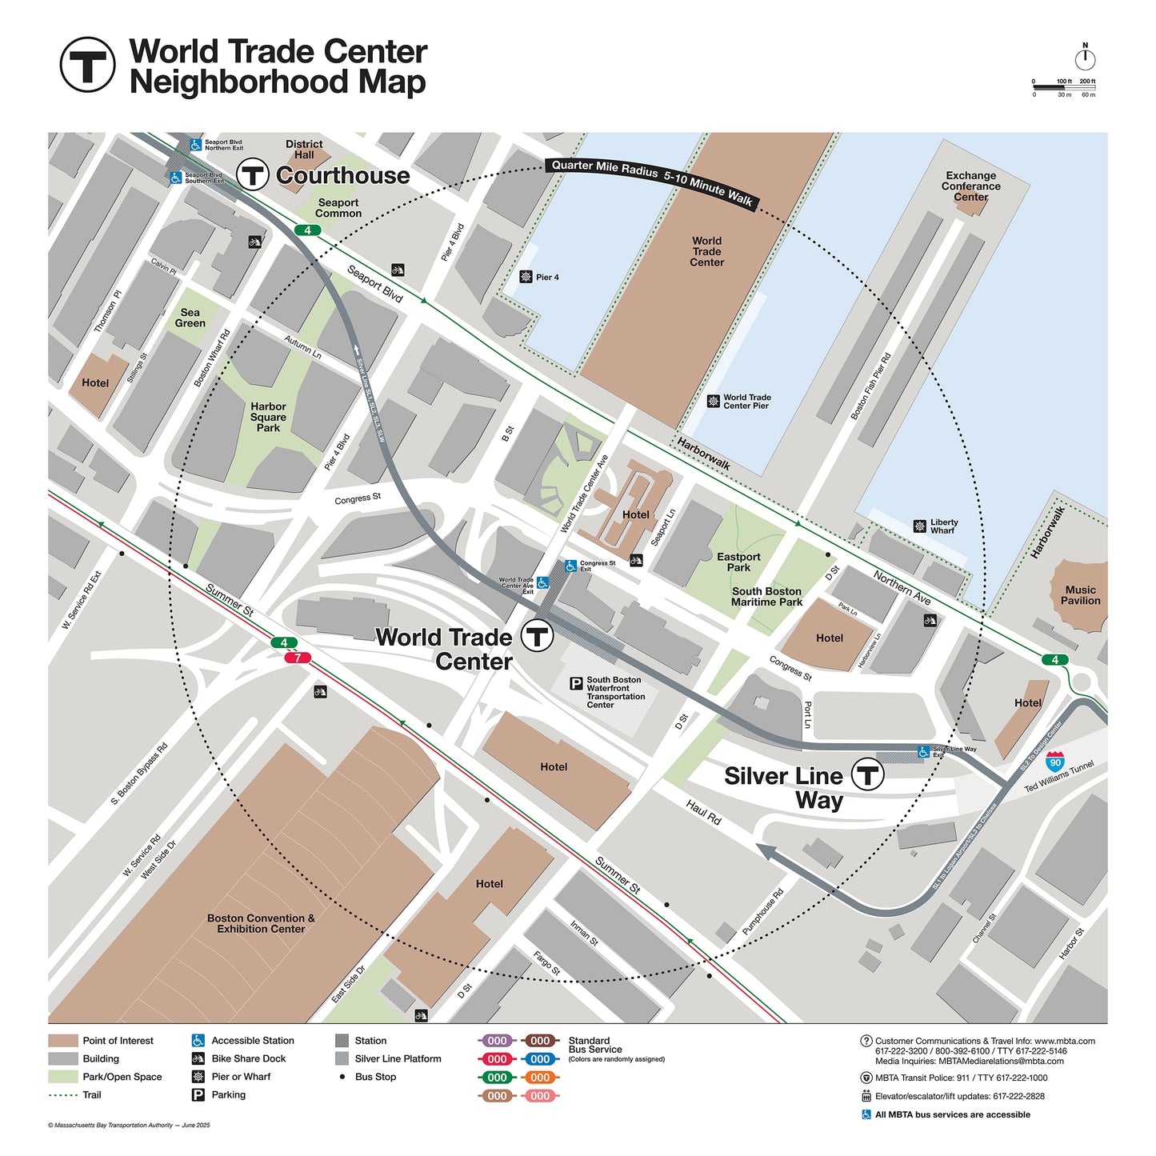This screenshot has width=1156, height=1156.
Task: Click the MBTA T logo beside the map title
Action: pos(87,65)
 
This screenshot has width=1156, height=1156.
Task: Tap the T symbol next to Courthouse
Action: pos(253,174)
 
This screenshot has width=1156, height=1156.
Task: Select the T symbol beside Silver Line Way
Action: pos(867,774)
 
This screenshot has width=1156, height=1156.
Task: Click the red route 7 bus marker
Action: pos(298,658)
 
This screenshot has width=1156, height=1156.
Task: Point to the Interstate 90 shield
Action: pos(1055,760)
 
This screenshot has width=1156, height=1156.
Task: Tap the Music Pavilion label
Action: pos(1080,595)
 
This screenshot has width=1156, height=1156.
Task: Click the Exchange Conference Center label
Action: pos(970,186)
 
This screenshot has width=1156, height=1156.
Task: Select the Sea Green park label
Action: pos(190,318)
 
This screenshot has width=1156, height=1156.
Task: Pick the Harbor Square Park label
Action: pos(268,417)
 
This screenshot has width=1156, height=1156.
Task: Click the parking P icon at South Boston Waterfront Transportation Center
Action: pos(576,683)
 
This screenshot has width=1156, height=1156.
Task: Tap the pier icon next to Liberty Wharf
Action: pos(920,526)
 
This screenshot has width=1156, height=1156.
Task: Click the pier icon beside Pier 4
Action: pos(526,277)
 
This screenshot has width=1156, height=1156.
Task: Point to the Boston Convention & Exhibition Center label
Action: pos(261,923)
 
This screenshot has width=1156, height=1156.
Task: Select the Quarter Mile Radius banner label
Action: pos(652,182)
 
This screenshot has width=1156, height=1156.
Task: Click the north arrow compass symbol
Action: pos(1085,58)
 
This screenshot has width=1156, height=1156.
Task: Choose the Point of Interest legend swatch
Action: pos(62,1041)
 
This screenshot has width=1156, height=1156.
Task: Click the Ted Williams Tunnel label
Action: pos(1058,776)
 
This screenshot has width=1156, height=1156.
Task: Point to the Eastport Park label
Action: pos(738,562)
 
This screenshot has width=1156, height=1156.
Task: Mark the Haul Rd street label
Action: pos(704,812)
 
